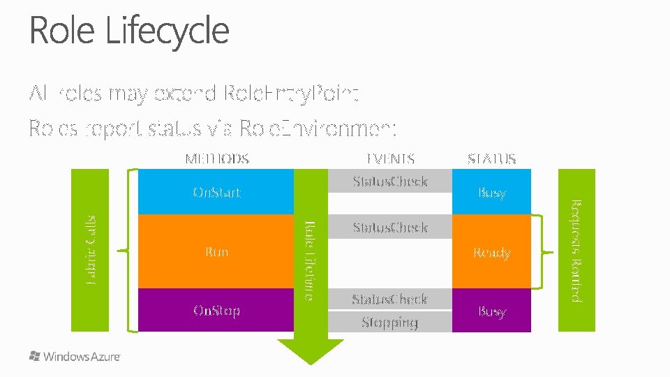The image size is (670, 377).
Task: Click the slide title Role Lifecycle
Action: (x=129, y=31)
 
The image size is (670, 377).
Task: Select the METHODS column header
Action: (x=216, y=158)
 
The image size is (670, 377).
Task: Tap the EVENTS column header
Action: (x=390, y=158)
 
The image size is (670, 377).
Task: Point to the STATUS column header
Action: (x=491, y=158)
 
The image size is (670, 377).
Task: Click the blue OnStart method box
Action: (x=216, y=192)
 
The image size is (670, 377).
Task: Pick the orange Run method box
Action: (x=216, y=251)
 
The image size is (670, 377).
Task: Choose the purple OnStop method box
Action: (x=216, y=310)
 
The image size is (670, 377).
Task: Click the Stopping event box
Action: (x=389, y=322)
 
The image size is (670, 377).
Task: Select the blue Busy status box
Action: (x=491, y=192)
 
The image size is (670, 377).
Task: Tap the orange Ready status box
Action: (x=491, y=252)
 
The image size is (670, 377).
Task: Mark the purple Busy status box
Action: (x=491, y=311)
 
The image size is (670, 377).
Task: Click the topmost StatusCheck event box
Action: (x=389, y=182)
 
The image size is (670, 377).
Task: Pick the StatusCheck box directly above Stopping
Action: (x=389, y=299)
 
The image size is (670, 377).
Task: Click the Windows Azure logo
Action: (x=75, y=356)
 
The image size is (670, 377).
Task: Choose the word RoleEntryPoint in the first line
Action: (x=292, y=93)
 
